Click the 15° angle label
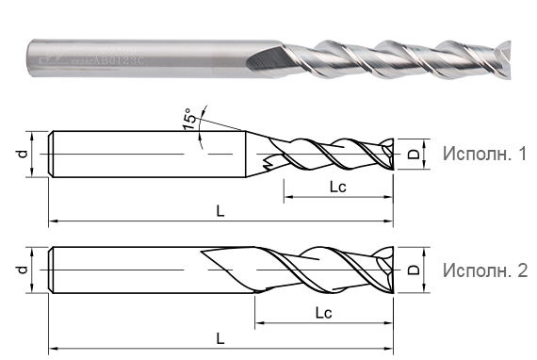click(x=191, y=120)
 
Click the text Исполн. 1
click(x=484, y=154)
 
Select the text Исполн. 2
click(x=484, y=271)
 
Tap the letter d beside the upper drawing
click(x=22, y=153)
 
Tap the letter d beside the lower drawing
click(x=22, y=270)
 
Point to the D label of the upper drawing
click(x=413, y=153)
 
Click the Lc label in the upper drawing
click(x=338, y=188)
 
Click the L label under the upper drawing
click(x=220, y=212)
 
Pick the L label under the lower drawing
click(x=220, y=335)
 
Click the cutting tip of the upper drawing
click(x=388, y=153)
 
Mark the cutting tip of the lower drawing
click(x=388, y=270)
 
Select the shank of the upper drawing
click(x=141, y=153)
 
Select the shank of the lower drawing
click(x=122, y=270)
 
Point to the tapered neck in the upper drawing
click(x=255, y=153)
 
